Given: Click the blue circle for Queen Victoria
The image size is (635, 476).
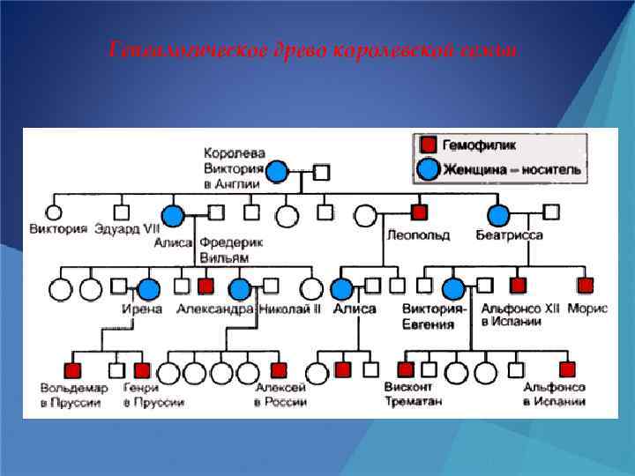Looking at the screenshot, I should click(277, 171).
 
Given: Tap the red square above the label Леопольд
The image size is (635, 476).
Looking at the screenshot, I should click(419, 212).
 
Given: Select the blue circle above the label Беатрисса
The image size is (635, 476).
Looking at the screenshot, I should click(498, 213).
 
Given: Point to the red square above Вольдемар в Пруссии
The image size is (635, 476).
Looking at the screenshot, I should click(72, 369).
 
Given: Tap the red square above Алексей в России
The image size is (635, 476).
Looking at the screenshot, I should click(279, 369).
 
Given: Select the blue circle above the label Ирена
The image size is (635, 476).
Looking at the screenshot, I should click(148, 287).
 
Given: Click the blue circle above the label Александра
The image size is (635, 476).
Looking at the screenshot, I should click(239, 287).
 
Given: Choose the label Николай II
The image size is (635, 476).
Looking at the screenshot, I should click(290, 309).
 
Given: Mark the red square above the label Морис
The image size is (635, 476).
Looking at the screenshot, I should click(586, 286).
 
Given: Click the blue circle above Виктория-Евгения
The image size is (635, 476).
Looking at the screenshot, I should click(453, 287).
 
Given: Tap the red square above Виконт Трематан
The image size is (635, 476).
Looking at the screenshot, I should click(406, 369).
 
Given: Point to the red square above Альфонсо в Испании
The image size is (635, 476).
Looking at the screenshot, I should click(567, 369).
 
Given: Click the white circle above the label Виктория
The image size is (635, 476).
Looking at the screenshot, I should click(54, 212).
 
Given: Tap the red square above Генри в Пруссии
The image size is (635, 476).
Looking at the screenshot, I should click(141, 369).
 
